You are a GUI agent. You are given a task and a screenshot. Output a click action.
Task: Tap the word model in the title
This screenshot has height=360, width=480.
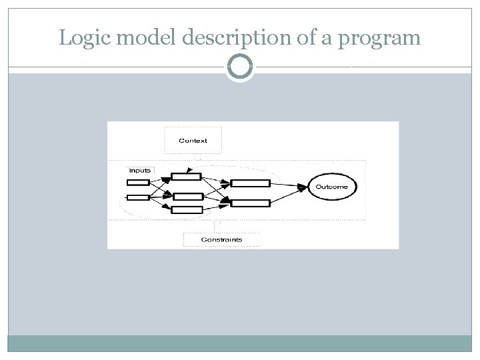tap(131, 38)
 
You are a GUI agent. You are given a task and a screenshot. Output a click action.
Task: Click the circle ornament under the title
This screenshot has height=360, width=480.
tap(240, 67)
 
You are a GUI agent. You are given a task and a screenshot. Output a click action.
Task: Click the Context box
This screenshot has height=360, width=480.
tap(193, 141)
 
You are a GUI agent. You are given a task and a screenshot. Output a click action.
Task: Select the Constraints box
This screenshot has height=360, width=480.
tap(221, 239)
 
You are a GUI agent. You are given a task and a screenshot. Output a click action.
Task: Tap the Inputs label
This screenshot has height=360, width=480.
tap(139, 171)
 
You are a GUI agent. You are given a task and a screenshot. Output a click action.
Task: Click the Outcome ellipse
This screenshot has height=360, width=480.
tap(331, 187)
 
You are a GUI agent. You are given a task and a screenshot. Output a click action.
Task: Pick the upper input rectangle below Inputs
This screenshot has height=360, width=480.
tap(138, 182)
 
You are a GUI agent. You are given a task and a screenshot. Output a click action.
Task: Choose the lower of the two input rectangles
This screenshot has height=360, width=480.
tap(138, 197)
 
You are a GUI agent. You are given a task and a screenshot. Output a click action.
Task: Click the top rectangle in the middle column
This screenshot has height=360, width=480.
tap(186, 176)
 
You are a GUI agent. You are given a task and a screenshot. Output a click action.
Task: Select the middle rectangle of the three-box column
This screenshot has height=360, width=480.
tap(187, 196)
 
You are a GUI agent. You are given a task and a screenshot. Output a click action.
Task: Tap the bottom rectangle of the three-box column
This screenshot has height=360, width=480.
tap(187, 210)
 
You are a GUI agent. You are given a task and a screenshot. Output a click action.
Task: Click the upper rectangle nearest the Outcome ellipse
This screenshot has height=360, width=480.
tap(250, 183)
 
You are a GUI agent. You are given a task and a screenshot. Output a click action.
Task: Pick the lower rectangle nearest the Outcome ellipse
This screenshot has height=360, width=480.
tap(250, 203)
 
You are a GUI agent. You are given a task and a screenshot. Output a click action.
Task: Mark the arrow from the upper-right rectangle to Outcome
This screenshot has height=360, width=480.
tap(289, 185)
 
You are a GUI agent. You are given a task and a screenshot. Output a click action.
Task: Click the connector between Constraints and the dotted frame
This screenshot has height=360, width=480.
tap(216, 226)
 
